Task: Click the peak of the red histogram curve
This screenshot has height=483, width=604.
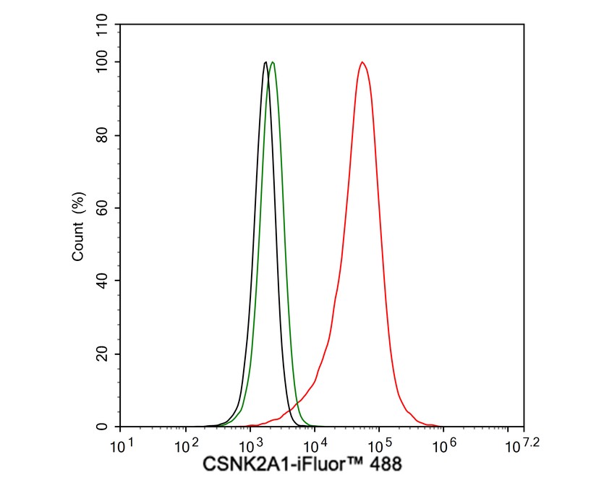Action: [x=362, y=62]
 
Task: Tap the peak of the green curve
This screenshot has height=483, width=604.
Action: [x=272, y=62]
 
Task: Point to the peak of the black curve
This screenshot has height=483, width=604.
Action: [x=265, y=62]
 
